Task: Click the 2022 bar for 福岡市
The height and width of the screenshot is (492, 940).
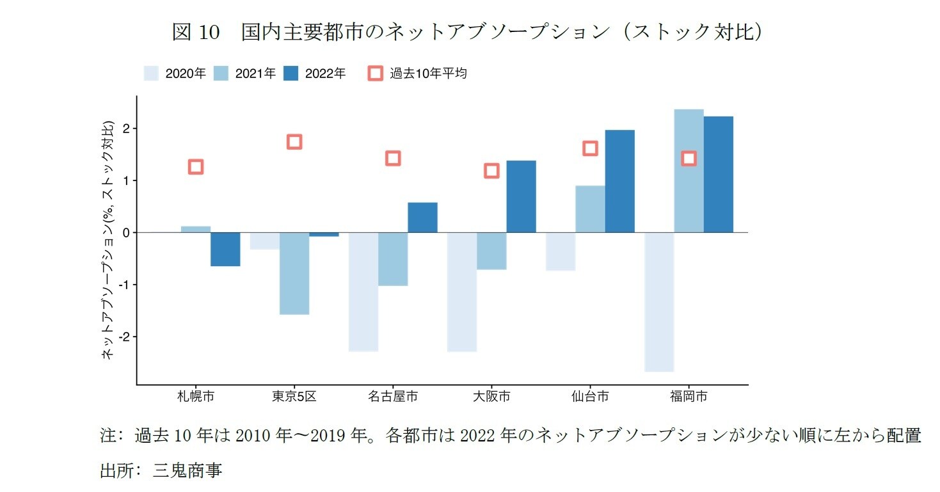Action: tap(718, 174)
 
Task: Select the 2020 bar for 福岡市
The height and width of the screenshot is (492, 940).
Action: tap(659, 301)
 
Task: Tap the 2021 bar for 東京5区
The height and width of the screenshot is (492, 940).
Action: tap(294, 273)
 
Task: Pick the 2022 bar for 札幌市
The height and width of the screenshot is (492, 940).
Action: tap(225, 249)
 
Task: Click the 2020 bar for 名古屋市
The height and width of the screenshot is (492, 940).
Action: tap(363, 292)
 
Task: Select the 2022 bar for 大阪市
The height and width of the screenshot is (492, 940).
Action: tap(521, 196)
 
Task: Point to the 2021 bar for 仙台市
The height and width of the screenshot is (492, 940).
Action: tap(590, 209)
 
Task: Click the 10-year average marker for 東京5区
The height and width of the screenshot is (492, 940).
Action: tap(294, 141)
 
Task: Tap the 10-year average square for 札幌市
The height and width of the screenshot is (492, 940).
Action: tap(196, 167)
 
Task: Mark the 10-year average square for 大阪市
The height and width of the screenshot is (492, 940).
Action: tap(491, 171)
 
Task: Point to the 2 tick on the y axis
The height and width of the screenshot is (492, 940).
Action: tap(126, 129)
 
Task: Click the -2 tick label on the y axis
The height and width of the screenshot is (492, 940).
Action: tap(124, 337)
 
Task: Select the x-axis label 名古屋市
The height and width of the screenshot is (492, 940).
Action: tap(393, 397)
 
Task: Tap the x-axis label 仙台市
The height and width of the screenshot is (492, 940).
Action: tap(590, 397)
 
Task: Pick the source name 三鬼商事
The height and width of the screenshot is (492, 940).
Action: tap(187, 472)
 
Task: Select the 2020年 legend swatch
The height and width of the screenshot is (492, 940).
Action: tap(151, 74)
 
